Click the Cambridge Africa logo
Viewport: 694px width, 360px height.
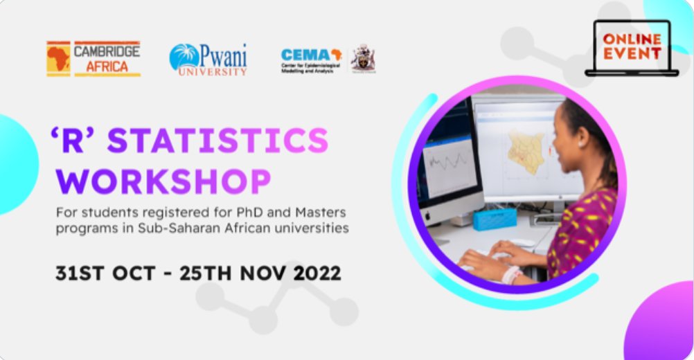[x=94, y=59]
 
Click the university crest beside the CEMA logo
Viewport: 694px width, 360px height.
[x=362, y=59]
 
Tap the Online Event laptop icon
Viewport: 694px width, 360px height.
[x=631, y=47]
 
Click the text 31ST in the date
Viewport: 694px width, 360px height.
[x=81, y=272]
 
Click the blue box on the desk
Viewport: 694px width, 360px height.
[x=495, y=219]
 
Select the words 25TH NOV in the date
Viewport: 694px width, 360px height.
[x=233, y=272]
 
